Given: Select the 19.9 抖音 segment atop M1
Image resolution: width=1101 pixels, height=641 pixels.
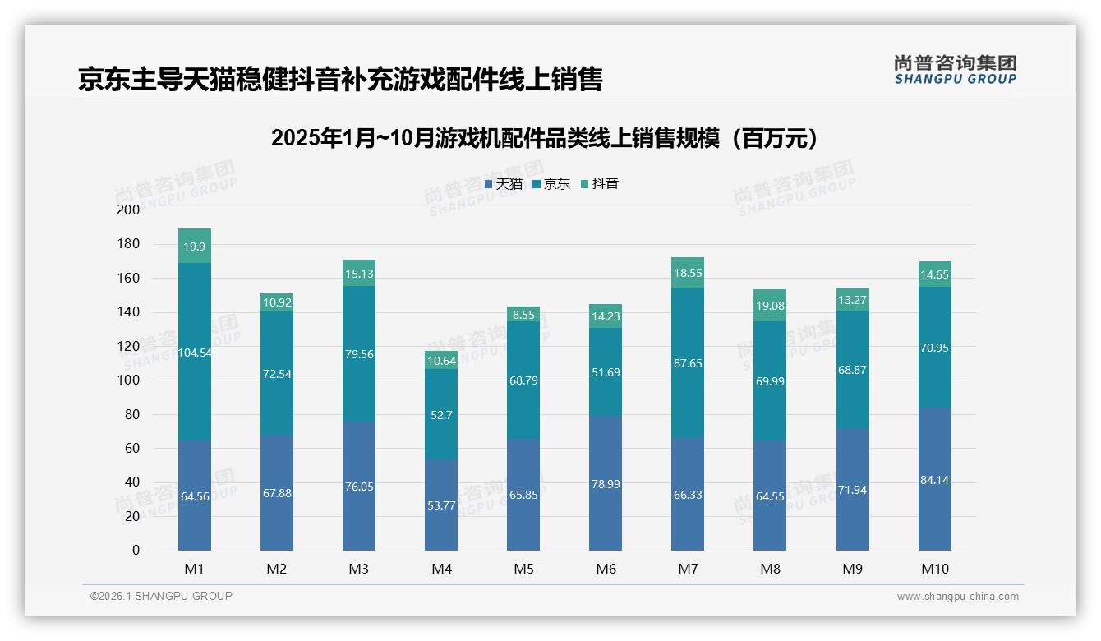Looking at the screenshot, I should coord(195,246).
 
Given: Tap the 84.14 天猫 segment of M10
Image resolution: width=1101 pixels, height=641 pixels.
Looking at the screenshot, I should coord(934,479).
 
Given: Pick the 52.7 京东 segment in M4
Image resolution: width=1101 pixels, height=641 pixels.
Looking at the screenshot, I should coord(441,414).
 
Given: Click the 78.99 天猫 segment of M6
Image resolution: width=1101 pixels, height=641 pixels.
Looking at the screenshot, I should coord(606,483).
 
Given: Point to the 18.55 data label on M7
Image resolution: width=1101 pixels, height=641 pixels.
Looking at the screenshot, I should coord(688,274).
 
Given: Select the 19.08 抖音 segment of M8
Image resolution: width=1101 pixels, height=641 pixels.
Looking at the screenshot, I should coord(770,306).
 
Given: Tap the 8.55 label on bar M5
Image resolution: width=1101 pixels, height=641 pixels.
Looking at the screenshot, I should coord(523,314).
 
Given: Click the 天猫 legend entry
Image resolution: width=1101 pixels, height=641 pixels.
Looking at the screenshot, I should coord(504,183).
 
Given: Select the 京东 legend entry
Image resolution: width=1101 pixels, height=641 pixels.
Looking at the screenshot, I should coord(551,183).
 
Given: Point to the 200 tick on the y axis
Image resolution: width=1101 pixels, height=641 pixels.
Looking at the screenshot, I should coord(129,210).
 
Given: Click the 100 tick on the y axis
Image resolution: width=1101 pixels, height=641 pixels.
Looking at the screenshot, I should coord(129,380).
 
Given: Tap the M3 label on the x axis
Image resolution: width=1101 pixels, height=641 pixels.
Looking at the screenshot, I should coord(359,569).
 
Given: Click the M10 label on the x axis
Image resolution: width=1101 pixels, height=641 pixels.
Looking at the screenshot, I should coord(934,569).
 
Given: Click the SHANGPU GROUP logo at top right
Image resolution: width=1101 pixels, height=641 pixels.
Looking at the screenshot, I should coord(955,70).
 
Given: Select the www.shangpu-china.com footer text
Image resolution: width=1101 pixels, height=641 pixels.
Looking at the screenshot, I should coord(957,597).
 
